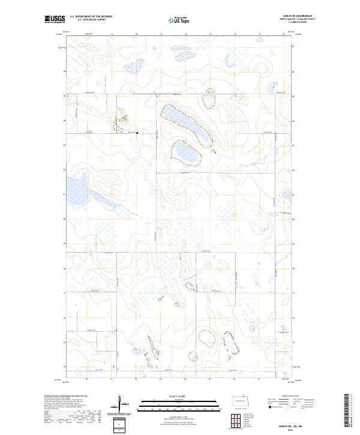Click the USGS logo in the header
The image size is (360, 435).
pos(55,19)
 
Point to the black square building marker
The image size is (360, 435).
pos(137,133)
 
